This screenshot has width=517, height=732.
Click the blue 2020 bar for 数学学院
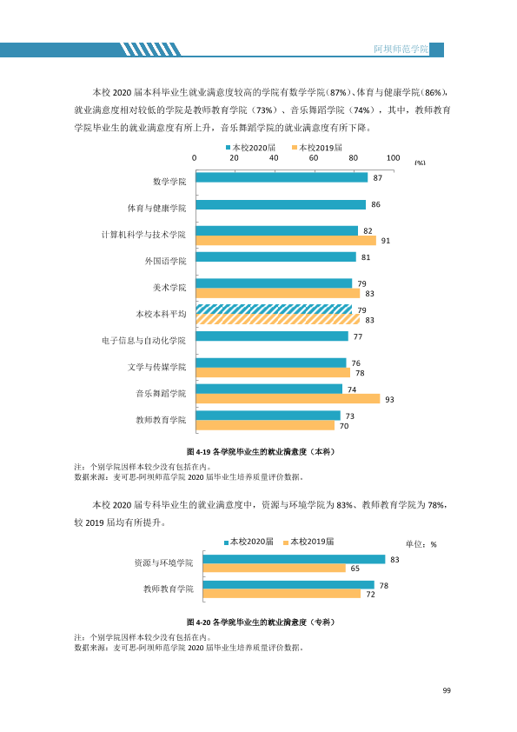(282, 177)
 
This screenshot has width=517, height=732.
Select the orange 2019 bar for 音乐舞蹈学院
(288, 399)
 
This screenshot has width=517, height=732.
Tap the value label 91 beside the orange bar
(386, 241)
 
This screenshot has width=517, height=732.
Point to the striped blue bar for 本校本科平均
(274, 309)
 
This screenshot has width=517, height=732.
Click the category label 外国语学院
(165, 261)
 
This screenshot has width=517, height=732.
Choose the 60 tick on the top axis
(314, 158)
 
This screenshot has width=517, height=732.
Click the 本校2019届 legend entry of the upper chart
(317, 148)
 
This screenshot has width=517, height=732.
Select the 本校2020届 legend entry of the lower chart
(249, 542)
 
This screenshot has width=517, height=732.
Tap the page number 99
(447, 690)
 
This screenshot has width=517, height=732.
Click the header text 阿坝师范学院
(401, 49)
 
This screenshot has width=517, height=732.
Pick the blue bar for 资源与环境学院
(294, 559)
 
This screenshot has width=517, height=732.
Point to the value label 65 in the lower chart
(355, 569)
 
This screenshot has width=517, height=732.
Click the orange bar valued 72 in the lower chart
(282, 594)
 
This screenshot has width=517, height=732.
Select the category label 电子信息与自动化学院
(143, 340)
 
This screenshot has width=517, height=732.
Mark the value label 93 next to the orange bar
(389, 400)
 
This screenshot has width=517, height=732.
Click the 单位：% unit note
(421, 544)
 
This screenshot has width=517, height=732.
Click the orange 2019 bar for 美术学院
(278, 293)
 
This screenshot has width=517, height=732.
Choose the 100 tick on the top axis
(393, 158)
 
